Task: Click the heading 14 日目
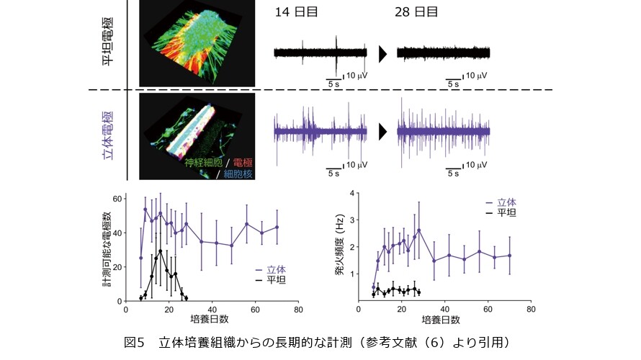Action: (x=296, y=12)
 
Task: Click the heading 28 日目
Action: (x=416, y=12)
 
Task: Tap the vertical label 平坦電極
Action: (x=107, y=41)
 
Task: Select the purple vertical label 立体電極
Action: (x=107, y=135)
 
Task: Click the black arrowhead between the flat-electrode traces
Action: (x=382, y=54)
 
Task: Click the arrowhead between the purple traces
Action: (x=382, y=132)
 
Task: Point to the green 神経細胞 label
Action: (x=203, y=163)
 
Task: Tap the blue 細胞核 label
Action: (x=238, y=174)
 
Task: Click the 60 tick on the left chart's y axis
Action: (x=117, y=199)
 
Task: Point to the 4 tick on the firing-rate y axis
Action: (x=352, y=193)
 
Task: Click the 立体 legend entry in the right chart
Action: (x=501, y=202)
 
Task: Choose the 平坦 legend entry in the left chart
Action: (x=271, y=280)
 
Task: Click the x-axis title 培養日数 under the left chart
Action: (x=210, y=319)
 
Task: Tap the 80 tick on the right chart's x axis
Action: (x=531, y=310)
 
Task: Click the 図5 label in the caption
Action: (x=135, y=342)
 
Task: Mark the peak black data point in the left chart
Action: (x=160, y=251)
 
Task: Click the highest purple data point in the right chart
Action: (x=418, y=230)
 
